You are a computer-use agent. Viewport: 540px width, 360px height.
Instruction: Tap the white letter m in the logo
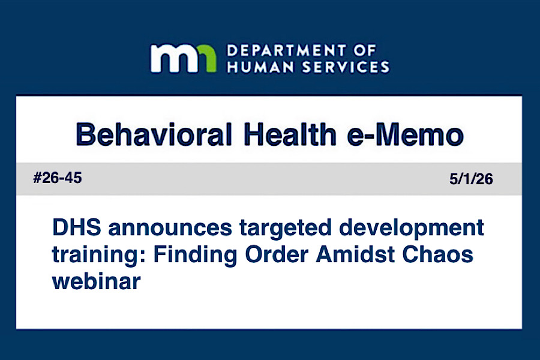[173, 58]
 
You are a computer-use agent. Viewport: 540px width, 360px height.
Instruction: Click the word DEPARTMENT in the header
[286, 51]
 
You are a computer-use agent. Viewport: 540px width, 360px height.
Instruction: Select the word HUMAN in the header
[261, 67]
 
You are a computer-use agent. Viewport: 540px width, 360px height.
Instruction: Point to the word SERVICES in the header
[346, 67]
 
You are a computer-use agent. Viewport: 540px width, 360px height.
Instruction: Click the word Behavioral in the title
[154, 134]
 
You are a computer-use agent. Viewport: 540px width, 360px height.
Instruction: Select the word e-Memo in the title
[406, 134]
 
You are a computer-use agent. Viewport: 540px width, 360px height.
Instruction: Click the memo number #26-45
[58, 178]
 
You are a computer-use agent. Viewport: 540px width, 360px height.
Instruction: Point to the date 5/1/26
[471, 179]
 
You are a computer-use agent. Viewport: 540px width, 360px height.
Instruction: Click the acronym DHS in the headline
[77, 227]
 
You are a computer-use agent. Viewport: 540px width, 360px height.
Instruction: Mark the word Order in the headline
[277, 254]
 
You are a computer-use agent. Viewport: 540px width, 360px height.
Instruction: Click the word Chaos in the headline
[438, 254]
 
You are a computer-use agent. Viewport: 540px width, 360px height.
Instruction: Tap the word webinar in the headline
[97, 281]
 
